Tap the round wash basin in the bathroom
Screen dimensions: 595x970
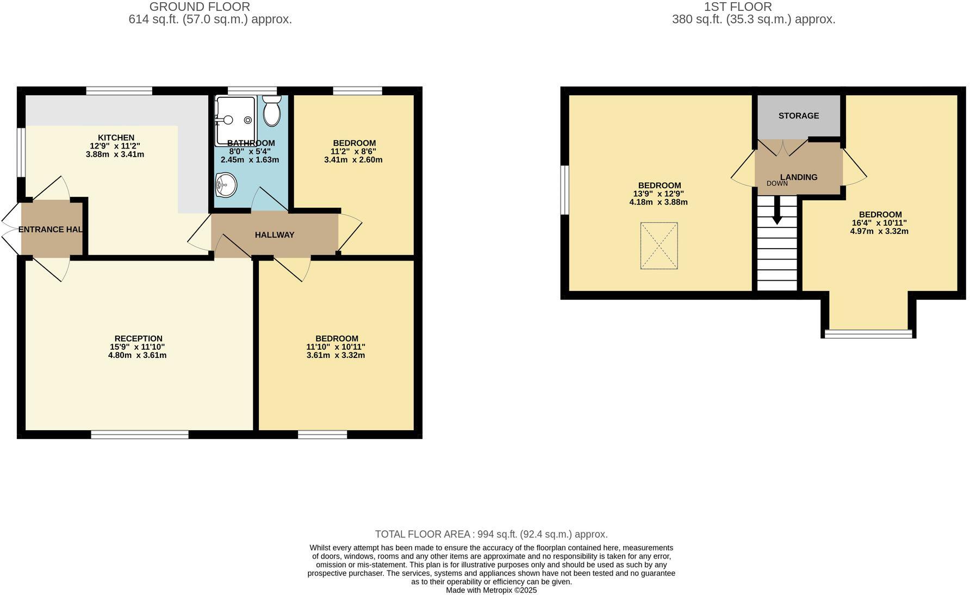click(226, 185)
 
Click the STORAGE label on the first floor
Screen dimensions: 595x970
click(798, 116)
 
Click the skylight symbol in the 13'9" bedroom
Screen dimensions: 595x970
click(659, 246)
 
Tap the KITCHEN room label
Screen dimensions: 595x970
click(116, 138)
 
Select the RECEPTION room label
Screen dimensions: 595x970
click(138, 338)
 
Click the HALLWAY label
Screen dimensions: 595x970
click(275, 235)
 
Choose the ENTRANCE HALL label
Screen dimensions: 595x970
click(51, 230)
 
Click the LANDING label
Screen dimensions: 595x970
click(799, 177)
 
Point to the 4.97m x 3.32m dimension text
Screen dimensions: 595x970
click(879, 231)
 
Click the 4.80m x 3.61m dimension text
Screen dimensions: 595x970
click(137, 356)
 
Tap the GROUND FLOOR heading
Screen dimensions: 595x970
click(200, 7)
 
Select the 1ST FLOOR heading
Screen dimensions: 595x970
click(737, 7)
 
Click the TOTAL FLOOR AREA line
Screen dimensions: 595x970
click(491, 534)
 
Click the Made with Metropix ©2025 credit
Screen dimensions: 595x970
click(491, 590)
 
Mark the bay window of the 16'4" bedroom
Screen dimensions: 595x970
click(868, 333)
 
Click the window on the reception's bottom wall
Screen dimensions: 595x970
click(140, 434)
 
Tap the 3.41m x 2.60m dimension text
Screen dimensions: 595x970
click(353, 160)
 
